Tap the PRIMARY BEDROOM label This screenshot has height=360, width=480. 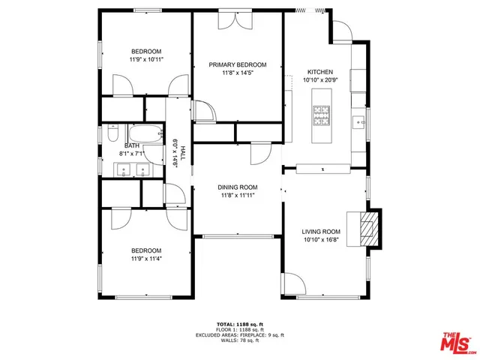coord(238,65)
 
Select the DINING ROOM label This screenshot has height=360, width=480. coord(238,187)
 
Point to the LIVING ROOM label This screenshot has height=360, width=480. coord(321,232)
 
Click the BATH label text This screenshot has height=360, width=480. coord(131,145)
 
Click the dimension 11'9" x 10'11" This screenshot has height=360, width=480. coord(146,58)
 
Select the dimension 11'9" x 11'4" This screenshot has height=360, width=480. coord(146,259)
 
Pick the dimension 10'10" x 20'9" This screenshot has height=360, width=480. coord(322,79)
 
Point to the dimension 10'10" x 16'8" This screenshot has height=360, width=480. coord(321,241)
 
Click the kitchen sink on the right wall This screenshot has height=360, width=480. coord(361,121)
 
